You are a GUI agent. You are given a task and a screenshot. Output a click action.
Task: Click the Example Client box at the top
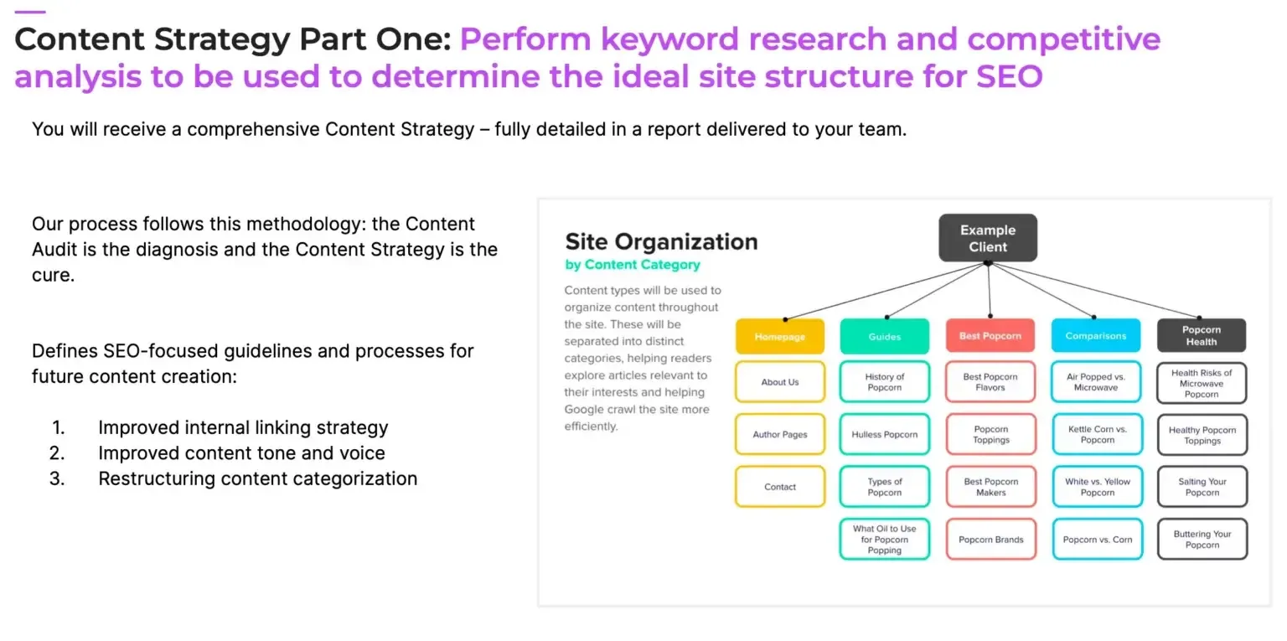point(987,238)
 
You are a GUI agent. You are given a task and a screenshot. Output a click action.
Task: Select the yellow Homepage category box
point(779,336)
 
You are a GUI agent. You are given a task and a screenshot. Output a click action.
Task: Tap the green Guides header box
point(884,336)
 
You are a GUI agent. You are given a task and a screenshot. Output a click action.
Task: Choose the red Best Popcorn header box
point(990,336)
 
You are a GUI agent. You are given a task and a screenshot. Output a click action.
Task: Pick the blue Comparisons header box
point(1095,336)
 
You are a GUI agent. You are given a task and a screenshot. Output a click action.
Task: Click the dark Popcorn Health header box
point(1201,335)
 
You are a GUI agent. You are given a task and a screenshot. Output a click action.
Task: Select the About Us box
point(779,382)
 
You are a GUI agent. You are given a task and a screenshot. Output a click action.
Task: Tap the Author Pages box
point(779,434)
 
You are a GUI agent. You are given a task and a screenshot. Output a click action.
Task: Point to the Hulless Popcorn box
point(884,434)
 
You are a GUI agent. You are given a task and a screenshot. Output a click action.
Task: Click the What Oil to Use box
point(884,540)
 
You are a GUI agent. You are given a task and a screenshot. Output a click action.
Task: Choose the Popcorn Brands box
point(990,540)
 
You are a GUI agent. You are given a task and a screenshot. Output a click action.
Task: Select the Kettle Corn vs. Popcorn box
point(1097,434)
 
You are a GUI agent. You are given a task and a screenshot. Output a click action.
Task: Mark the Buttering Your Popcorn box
point(1202,540)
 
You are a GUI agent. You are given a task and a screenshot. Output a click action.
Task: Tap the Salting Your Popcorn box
point(1202,487)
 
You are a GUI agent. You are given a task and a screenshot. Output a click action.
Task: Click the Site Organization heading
point(660,242)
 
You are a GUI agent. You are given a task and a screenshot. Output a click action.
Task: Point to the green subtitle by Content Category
point(632,265)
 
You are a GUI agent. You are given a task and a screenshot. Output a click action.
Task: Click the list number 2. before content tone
point(57,453)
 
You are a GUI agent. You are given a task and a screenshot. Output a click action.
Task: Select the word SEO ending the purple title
point(1009,76)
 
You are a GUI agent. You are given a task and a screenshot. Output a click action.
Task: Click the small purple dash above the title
point(30,12)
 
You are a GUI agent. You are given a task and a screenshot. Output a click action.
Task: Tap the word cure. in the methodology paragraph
point(53,275)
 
